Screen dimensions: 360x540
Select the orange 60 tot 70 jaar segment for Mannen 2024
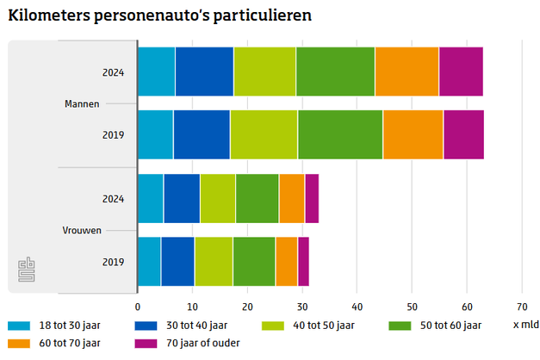pyautogui.click(x=407, y=71)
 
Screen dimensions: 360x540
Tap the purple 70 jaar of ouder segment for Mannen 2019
pyautogui.click(x=463, y=135)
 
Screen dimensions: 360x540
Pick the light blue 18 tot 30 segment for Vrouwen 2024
pyautogui.click(x=150, y=198)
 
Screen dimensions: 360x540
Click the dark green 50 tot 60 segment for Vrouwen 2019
pyautogui.click(x=253, y=261)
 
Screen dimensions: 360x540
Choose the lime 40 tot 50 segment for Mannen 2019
pyautogui.click(x=264, y=135)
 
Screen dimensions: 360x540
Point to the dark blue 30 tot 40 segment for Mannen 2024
pyautogui.click(x=204, y=71)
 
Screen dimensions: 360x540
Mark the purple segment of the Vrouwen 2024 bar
pyautogui.click(x=312, y=198)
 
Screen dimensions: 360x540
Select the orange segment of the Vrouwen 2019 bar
pyautogui.click(x=286, y=261)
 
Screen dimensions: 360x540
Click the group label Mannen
pyautogui.click(x=82, y=104)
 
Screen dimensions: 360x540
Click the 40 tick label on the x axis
pyautogui.click(x=357, y=306)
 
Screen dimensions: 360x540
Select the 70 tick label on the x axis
pyautogui.click(x=521, y=306)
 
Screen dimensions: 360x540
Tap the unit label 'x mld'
pyautogui.click(x=525, y=326)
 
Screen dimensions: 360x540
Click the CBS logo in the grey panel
pyautogui.click(x=28, y=270)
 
